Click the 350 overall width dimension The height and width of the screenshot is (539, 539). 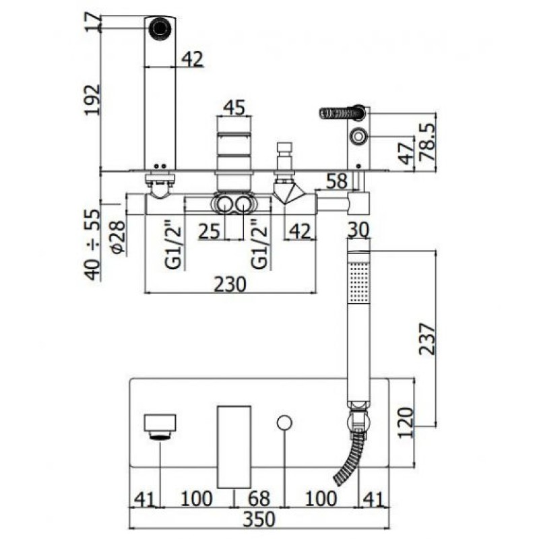coord(259,519)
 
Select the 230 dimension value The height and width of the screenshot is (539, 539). coord(230,285)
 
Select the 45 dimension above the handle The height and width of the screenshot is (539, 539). coord(233,108)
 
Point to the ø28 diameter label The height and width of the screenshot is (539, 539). coord(115,237)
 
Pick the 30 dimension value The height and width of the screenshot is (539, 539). coord(358,230)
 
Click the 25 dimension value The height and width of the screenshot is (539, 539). coord(210,231)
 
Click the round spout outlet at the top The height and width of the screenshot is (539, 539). coord(160,28)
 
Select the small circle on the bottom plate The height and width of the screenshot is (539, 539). coord(284,422)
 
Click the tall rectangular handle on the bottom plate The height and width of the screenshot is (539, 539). coord(234,446)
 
